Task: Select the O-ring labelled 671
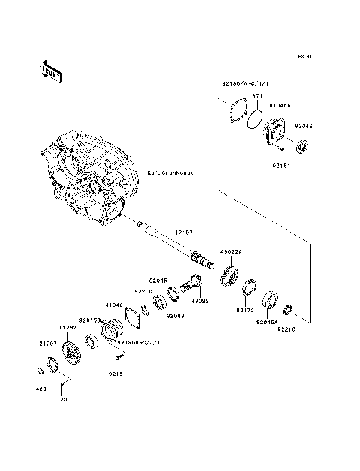[x=256, y=118]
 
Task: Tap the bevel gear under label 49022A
[x=229, y=275]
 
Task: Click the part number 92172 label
[x=246, y=309]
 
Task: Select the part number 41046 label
[x=114, y=304]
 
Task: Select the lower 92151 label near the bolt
[x=115, y=372]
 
